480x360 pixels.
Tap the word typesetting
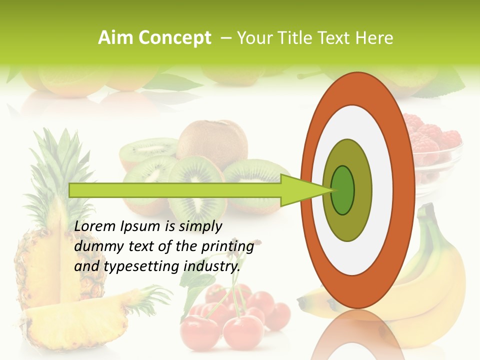(x=135, y=267)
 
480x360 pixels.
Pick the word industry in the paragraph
(x=210, y=266)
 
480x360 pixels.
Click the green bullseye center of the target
(x=342, y=190)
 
